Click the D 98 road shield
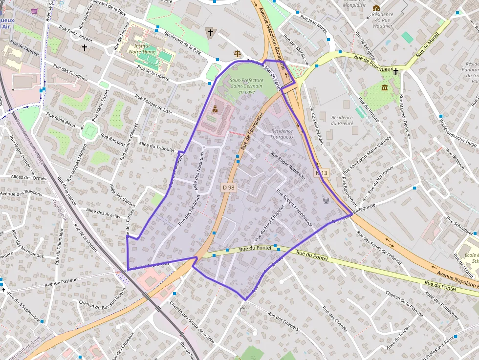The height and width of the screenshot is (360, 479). point(228,187)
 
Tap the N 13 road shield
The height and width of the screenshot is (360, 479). point(321,173)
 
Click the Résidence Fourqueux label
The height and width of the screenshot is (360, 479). point(282,134)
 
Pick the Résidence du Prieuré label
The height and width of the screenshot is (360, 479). point(342,120)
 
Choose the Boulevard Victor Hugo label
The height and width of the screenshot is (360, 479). point(457,132)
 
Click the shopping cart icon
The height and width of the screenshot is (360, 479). point(34,11)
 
